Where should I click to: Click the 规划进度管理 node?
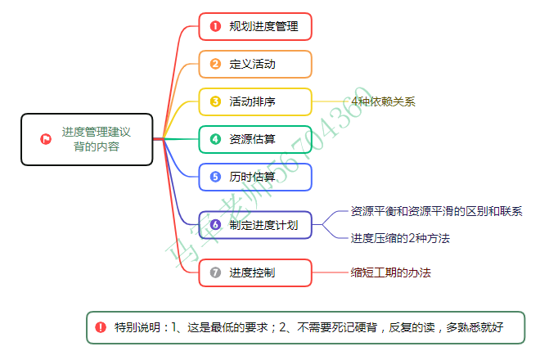tap(255, 26)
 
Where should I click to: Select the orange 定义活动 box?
tap(255, 64)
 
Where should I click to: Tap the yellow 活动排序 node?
tap(255, 101)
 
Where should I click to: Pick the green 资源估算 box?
tap(255, 139)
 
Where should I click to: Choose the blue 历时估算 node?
tap(255, 176)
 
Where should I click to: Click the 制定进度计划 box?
tap(255, 224)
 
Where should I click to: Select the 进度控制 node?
tap(255, 272)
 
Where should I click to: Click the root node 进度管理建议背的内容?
tap(87, 139)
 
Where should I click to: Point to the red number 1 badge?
tap(216, 26)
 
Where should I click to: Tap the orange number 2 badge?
tap(216, 64)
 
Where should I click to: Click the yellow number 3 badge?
tap(216, 101)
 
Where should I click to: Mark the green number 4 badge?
tap(216, 139)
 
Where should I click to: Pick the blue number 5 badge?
tap(216, 176)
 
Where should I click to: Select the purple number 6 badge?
tap(216, 224)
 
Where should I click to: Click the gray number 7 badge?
tap(216, 272)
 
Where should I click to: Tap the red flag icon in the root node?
tap(46, 139)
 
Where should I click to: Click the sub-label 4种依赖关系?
tap(383, 101)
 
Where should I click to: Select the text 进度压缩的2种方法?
tap(400, 238)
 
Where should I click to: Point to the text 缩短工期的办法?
tap(390, 272)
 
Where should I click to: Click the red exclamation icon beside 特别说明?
tap(101, 327)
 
